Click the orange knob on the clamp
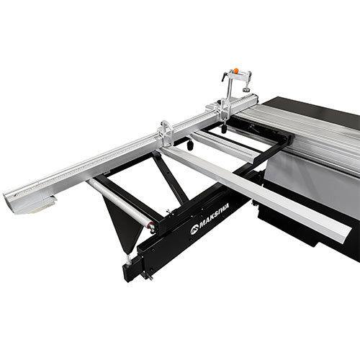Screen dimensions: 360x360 coord(235,71)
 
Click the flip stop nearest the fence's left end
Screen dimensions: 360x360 coord(166,132)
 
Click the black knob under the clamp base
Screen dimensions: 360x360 coord(223,129)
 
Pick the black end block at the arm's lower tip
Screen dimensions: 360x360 coord(132,271)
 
